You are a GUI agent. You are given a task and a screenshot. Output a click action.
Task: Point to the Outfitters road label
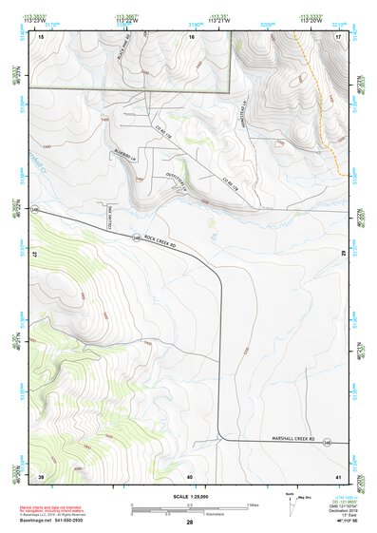(174, 168)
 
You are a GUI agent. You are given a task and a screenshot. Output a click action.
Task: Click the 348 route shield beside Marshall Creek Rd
(327, 442)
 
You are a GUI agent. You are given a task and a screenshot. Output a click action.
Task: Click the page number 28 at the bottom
(189, 523)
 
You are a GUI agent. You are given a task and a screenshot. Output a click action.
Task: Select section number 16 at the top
(191, 36)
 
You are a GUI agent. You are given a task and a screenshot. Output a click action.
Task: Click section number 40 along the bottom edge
(189, 475)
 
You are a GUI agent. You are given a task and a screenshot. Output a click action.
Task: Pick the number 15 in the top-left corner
(41, 36)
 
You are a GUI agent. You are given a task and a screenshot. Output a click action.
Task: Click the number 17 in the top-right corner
(337, 36)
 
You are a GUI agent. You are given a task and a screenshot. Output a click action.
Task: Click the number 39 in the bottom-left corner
(41, 475)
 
